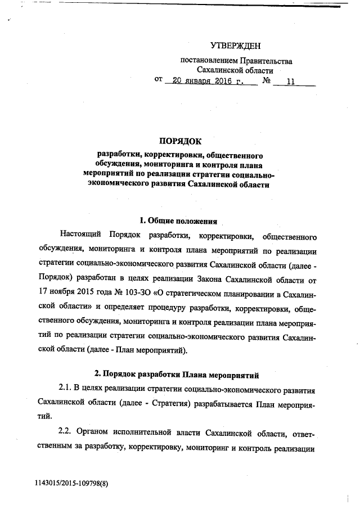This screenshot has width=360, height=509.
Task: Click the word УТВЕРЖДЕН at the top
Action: pos(236,46)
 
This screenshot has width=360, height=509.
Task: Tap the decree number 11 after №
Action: pos(291,81)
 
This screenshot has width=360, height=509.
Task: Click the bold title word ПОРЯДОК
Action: pos(181,141)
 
